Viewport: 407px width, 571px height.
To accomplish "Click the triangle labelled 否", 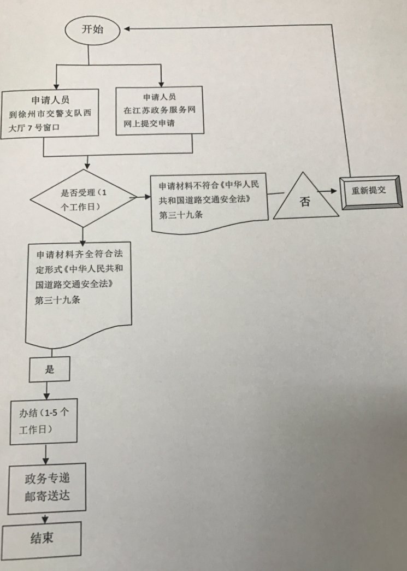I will (304, 198).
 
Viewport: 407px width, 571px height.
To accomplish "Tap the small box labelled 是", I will (50, 370).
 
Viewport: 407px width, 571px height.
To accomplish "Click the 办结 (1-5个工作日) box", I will (44, 421).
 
